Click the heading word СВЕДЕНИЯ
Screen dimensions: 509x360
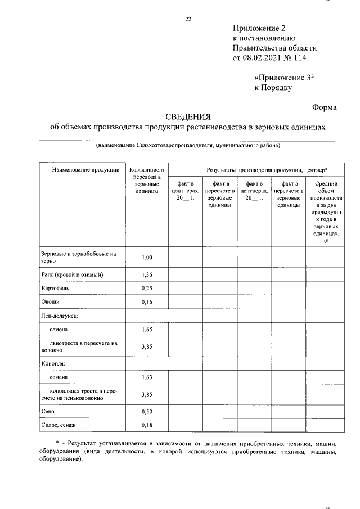click(x=188, y=117)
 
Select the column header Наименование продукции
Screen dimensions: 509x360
click(x=82, y=169)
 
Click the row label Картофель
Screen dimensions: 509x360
click(x=55, y=288)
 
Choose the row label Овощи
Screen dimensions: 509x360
click(x=50, y=302)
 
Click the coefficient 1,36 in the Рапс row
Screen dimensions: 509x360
click(x=147, y=274)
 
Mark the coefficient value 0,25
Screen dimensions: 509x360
click(x=147, y=288)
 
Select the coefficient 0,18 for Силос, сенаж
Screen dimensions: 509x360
click(x=147, y=425)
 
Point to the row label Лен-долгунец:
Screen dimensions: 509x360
click(x=60, y=316)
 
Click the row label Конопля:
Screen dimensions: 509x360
click(x=54, y=363)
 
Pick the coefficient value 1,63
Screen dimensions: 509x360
click(x=147, y=377)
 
